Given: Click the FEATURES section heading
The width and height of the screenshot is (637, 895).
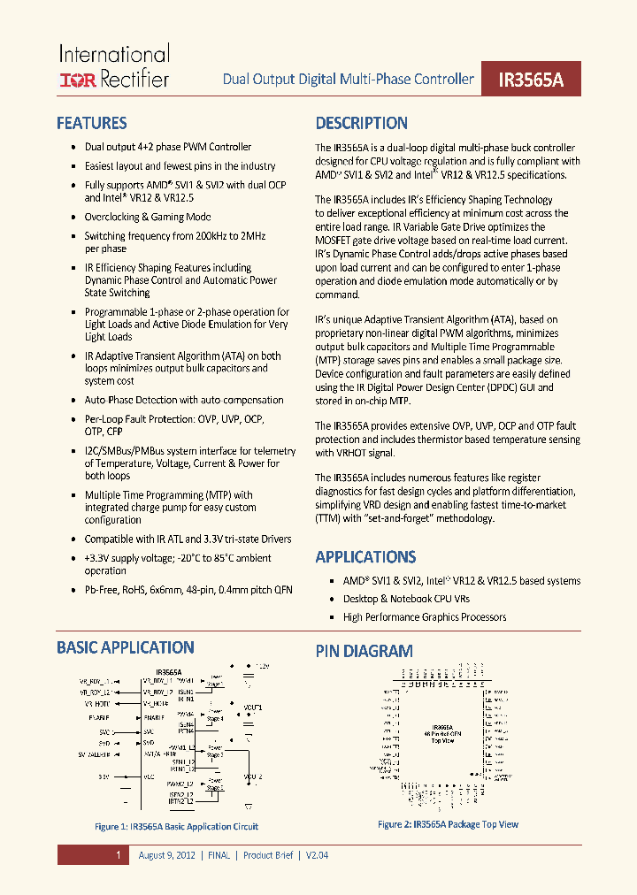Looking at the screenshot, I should (91, 123).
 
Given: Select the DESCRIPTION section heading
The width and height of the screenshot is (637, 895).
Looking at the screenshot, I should (361, 123).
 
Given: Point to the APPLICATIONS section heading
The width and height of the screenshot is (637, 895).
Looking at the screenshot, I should (365, 556).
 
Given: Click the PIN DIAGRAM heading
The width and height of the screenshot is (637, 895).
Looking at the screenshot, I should (364, 651).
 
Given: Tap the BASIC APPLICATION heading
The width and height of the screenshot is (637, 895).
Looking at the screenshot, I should (125, 647).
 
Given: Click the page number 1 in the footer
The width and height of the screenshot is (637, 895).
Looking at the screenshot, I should (117, 855).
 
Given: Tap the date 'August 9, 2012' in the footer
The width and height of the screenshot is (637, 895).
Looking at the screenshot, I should (168, 855).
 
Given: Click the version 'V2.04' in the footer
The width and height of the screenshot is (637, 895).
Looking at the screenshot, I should (317, 855).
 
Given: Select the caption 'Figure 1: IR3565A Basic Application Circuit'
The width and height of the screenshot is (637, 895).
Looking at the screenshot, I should (176, 827).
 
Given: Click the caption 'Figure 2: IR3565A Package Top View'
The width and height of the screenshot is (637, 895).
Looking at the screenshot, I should (448, 824).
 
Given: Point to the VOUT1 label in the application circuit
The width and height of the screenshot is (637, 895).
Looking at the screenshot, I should (253, 708).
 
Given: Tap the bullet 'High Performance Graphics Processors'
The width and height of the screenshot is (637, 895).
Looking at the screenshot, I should (425, 617).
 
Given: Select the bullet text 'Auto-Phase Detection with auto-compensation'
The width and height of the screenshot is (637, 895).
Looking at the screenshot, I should (184, 400).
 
